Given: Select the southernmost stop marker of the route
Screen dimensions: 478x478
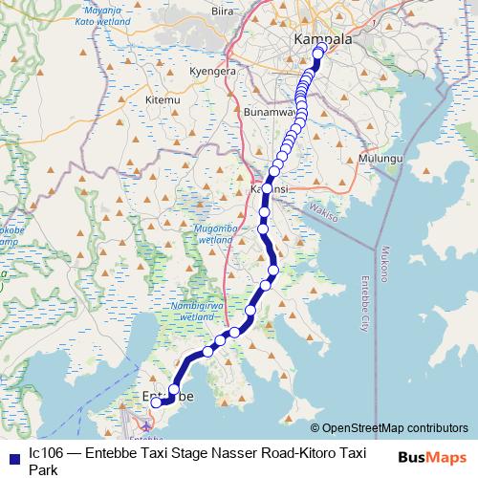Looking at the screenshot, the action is point(156,402).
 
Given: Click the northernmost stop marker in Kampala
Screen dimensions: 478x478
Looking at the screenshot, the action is point(321,47).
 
